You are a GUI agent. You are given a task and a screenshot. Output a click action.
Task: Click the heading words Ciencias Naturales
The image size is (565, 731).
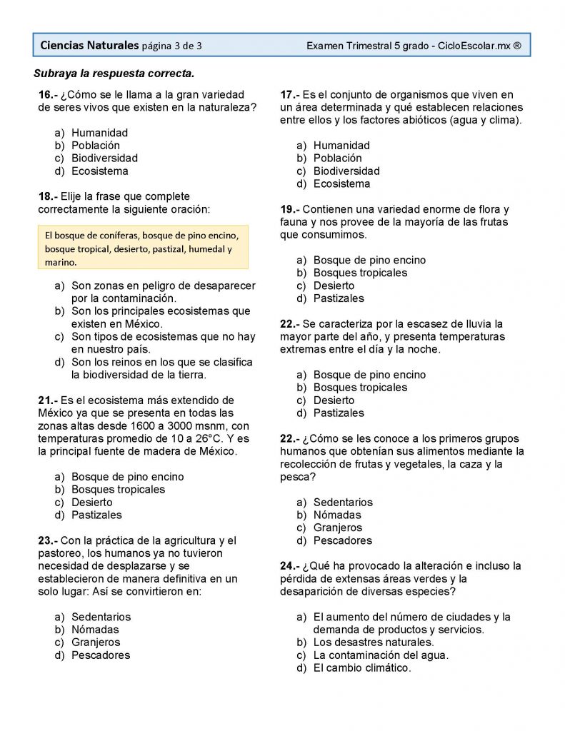click(89, 46)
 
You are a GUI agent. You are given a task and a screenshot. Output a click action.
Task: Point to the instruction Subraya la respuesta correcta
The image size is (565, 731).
click(114, 74)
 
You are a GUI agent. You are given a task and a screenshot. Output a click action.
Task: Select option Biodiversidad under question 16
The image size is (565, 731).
click(104, 158)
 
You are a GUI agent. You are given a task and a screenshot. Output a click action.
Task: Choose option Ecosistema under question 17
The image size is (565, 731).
click(341, 184)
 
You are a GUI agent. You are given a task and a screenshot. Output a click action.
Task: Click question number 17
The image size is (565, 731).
click(290, 95)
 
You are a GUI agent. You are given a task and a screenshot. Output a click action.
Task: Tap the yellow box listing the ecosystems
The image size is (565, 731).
click(142, 248)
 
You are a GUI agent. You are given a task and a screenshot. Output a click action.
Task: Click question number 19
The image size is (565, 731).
click(290, 209)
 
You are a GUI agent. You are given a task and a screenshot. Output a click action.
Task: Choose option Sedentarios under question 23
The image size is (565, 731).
click(101, 617)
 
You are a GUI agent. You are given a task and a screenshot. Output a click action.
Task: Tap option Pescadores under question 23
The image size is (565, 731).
click(101, 655)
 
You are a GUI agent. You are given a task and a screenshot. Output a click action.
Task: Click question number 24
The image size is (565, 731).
click(290, 566)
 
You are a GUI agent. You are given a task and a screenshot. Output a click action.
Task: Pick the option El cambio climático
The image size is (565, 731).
click(362, 668)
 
